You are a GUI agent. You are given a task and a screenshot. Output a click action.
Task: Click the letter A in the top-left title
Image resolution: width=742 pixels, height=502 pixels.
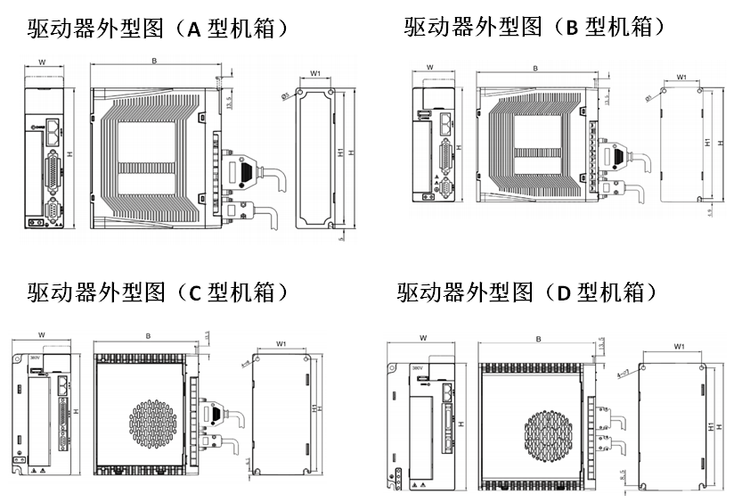(195, 29)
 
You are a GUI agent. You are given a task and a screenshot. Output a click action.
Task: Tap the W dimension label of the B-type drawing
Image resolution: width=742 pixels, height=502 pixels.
(430, 68)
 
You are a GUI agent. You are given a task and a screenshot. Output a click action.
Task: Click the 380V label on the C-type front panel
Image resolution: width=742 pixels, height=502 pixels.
(36, 357)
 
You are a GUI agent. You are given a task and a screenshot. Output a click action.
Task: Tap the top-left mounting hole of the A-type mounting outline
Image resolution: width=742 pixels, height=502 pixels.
(302, 92)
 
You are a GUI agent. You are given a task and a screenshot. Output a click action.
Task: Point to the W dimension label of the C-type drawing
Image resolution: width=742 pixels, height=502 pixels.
(42, 335)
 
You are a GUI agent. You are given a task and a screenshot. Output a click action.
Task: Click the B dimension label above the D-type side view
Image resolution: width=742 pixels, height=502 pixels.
(538, 340)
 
